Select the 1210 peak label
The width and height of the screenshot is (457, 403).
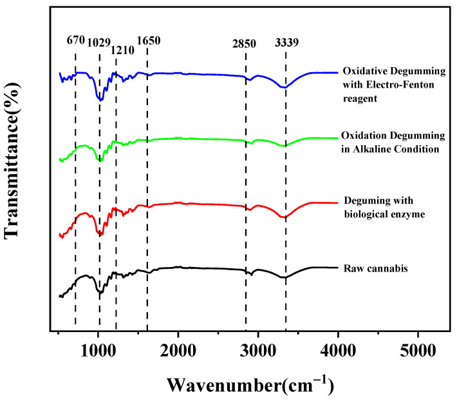(119, 50)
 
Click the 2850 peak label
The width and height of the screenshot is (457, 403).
(245, 44)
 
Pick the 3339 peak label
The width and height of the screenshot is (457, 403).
(286, 44)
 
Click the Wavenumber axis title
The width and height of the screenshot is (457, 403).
(250, 385)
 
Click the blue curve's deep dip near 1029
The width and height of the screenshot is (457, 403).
(100, 100)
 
